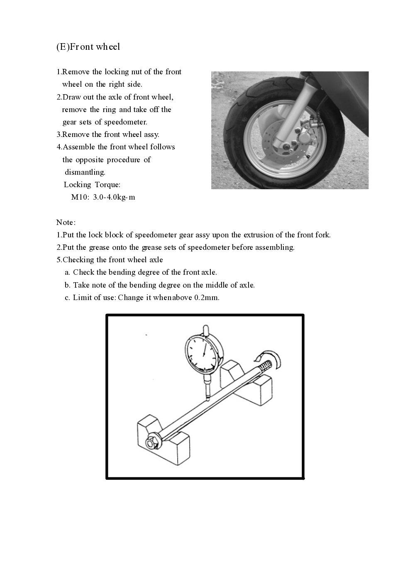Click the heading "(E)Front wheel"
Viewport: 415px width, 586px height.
pos(88,46)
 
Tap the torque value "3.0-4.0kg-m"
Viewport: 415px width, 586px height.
pos(114,197)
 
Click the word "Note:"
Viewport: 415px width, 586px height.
pos(66,222)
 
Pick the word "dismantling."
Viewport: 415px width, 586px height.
pos(85,172)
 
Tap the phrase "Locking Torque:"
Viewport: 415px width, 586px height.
pos(92,185)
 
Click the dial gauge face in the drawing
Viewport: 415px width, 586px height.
pos(203,353)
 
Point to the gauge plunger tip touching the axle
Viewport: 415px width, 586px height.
pos(207,398)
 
